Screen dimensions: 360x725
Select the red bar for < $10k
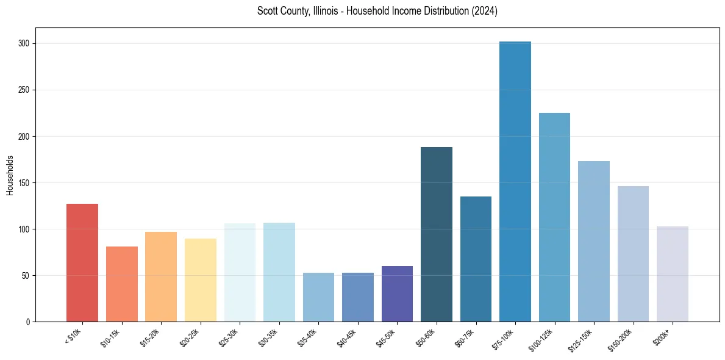tap(82, 262)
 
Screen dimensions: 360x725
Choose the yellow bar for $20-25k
tap(201, 280)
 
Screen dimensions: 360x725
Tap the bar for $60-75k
tap(476, 259)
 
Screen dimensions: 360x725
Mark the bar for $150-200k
tap(633, 254)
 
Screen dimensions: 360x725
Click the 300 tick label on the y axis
tap(26, 44)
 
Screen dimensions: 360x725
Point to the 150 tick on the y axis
tap(26, 183)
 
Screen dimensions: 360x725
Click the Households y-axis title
tap(10, 175)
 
